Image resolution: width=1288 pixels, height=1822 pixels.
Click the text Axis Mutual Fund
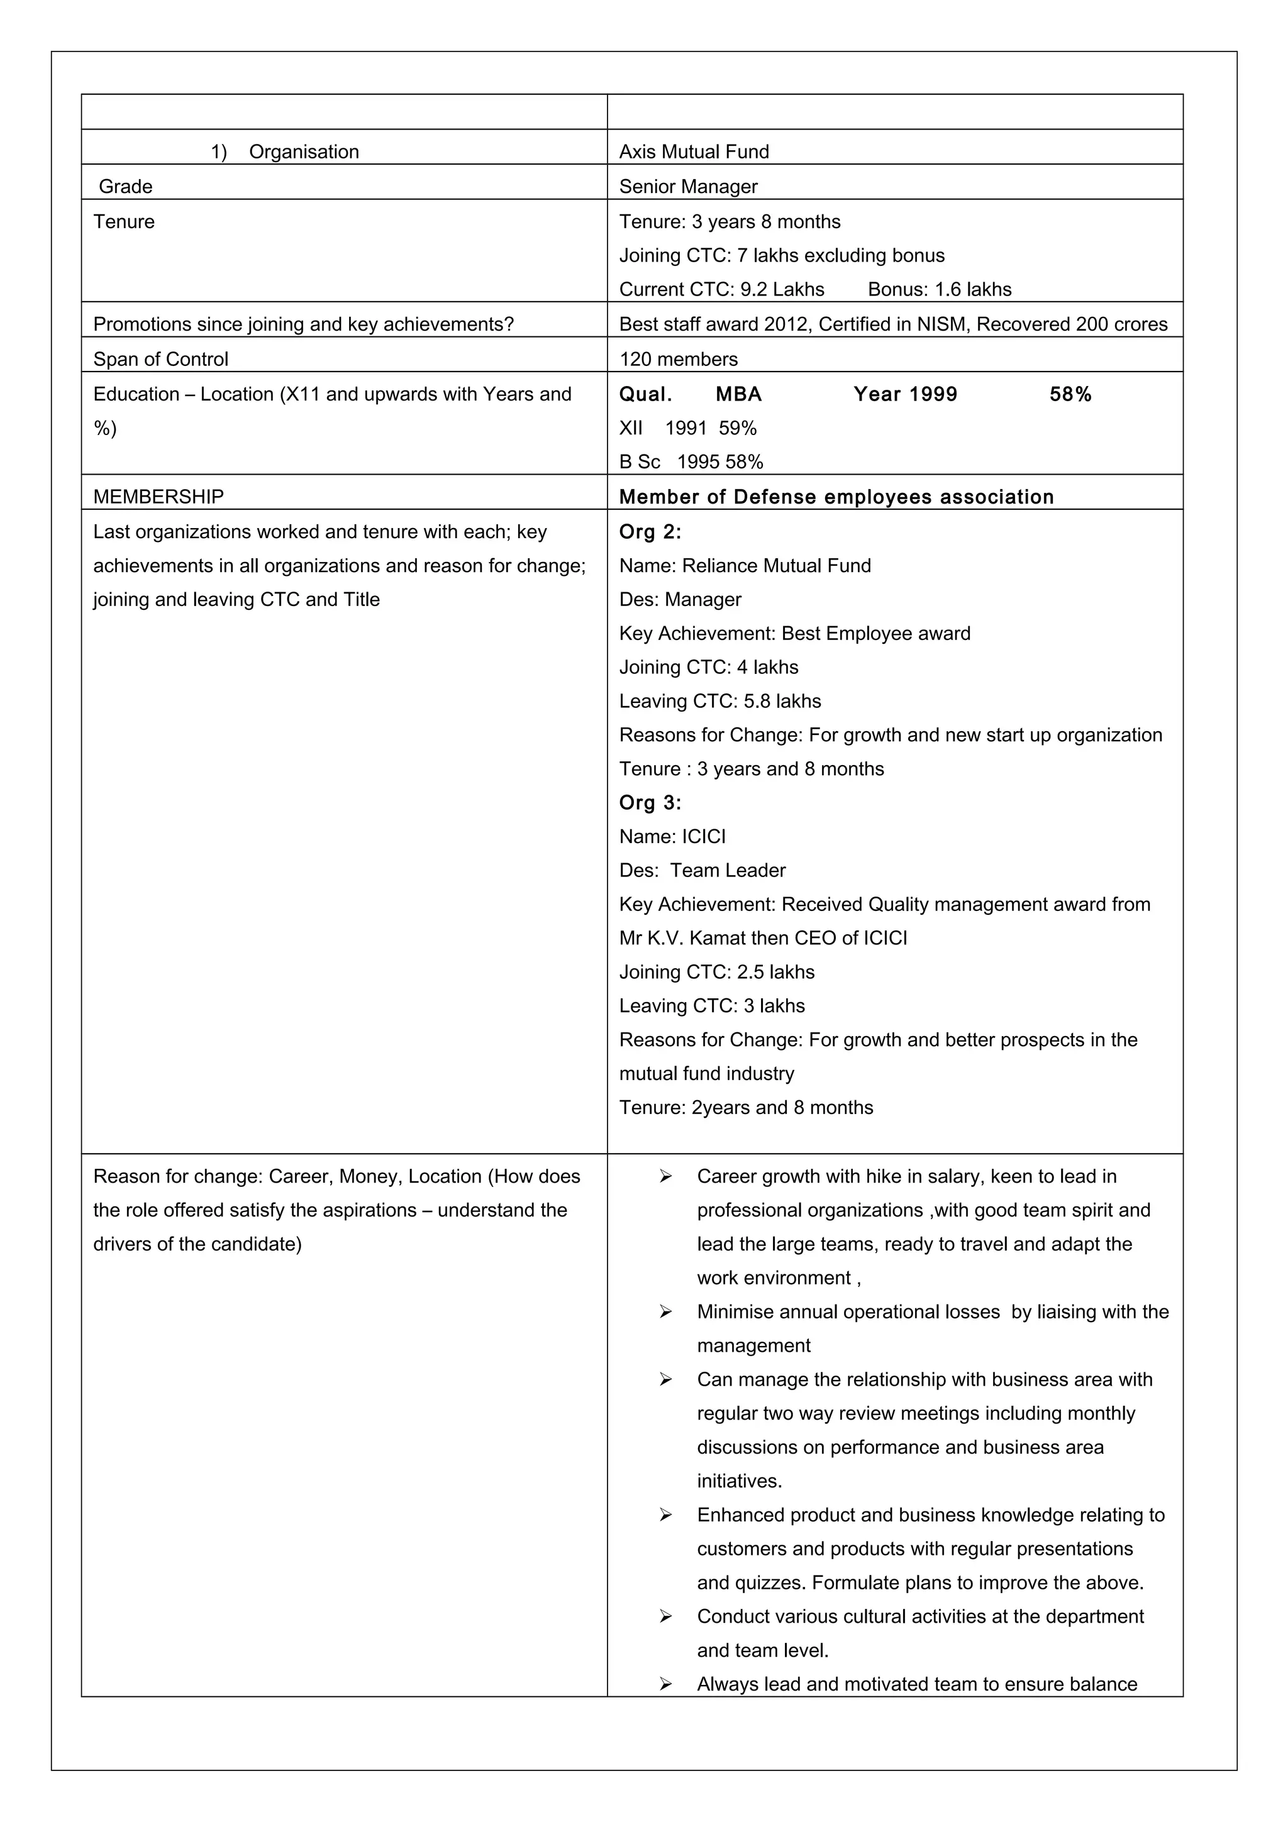click(x=694, y=152)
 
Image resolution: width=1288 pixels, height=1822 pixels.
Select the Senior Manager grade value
click(x=688, y=187)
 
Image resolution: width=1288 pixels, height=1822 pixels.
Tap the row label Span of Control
click(x=160, y=360)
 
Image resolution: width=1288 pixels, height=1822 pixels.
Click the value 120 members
click(x=678, y=360)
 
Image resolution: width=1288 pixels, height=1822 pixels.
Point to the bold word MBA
click(x=738, y=394)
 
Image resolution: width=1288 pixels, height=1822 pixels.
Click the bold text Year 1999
click(x=905, y=394)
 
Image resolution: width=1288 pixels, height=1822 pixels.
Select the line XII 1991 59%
click(x=687, y=429)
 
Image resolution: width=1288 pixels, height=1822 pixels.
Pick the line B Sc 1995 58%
click(x=691, y=462)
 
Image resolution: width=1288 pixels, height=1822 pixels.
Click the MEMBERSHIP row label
click(x=158, y=497)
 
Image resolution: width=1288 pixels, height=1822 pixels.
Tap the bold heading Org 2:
click(x=650, y=532)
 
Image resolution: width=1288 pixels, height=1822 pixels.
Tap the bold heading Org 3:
click(x=650, y=802)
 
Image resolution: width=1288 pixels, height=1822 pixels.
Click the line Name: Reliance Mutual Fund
click(x=745, y=566)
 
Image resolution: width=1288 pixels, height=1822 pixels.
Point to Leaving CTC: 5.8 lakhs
click(x=720, y=702)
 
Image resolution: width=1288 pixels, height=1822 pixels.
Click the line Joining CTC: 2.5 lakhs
click(x=716, y=972)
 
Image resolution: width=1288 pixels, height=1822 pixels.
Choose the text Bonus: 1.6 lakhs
click(x=940, y=290)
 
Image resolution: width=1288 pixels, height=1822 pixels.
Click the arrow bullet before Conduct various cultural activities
click(x=665, y=1616)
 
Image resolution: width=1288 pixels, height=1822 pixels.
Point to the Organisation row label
click(x=303, y=152)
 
